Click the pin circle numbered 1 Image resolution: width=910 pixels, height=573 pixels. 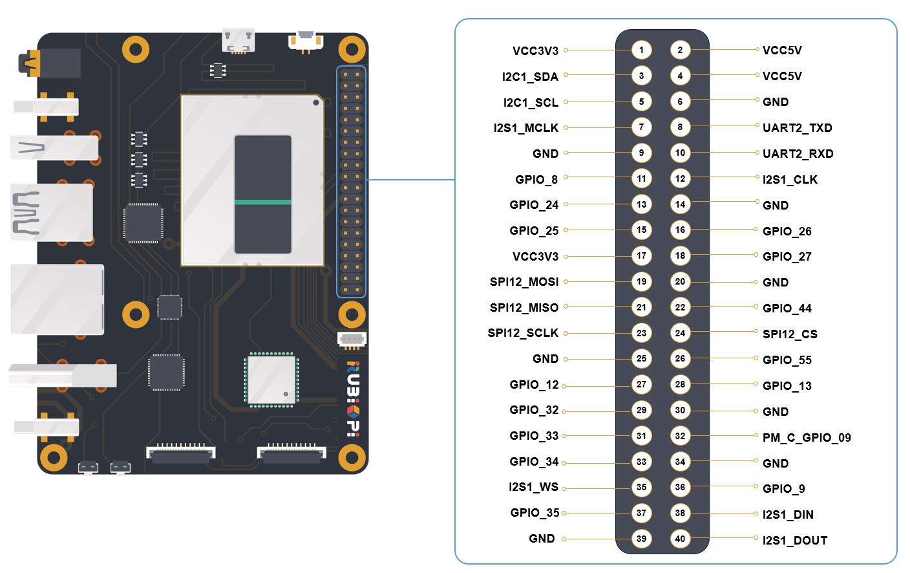(x=641, y=50)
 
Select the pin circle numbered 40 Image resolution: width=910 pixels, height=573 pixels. (x=680, y=539)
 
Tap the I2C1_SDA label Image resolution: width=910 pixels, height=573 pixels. (x=530, y=76)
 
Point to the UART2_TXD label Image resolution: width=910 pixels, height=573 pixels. (x=797, y=127)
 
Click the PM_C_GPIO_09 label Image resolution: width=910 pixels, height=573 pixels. (x=806, y=437)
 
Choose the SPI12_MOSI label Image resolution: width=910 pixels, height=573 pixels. (x=524, y=282)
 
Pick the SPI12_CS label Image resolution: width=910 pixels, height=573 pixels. (x=790, y=334)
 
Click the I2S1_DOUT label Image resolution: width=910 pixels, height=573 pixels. (x=794, y=540)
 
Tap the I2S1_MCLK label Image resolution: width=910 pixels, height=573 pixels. (x=526, y=128)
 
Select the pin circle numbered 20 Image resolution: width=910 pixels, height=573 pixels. (x=680, y=281)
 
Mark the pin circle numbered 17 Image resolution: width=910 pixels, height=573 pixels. (x=641, y=255)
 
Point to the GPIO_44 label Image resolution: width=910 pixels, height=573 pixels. (x=787, y=308)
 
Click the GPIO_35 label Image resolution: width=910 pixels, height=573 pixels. (x=534, y=513)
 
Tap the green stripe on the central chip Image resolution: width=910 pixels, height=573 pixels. (x=262, y=202)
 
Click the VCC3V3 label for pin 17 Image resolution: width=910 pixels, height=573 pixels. (x=535, y=256)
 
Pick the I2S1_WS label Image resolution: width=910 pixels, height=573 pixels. (x=533, y=487)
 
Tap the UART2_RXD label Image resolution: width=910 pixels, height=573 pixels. (x=798, y=153)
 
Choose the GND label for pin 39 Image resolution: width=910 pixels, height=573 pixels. (x=542, y=539)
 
